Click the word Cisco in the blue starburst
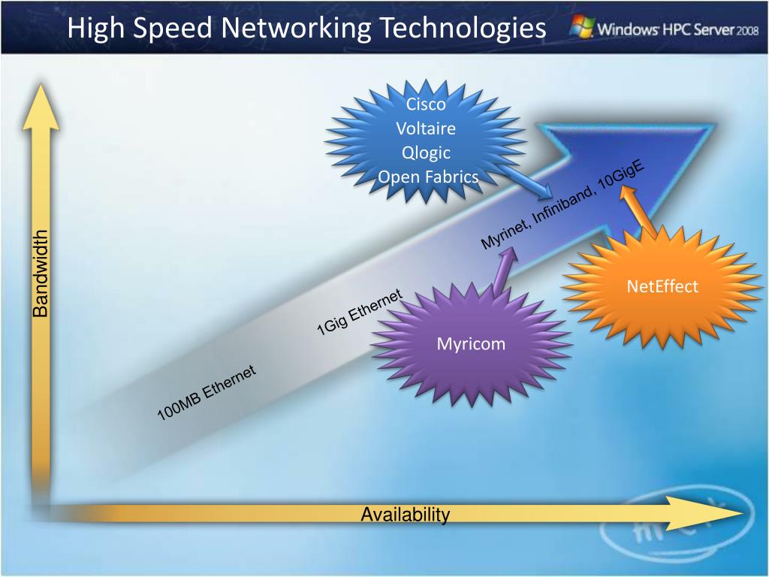tap(426, 104)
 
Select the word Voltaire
tap(426, 128)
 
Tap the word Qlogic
tap(426, 153)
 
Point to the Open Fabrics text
tap(428, 177)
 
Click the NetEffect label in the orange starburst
tap(662, 286)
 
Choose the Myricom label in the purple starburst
tap(472, 344)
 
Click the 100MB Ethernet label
tap(207, 392)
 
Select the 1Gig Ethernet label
tap(360, 313)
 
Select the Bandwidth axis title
tap(40, 273)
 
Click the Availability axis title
tap(406, 515)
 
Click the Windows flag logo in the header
tap(581, 27)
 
